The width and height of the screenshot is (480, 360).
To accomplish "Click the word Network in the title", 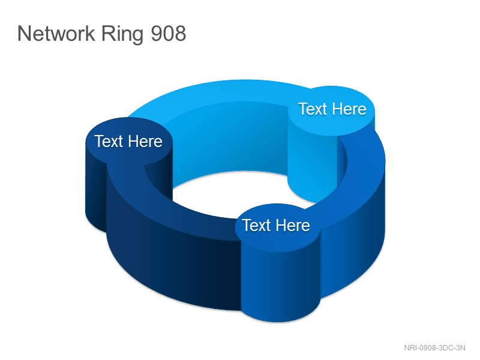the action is tap(56, 34).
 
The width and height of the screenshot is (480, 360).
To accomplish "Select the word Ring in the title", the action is tap(122, 34).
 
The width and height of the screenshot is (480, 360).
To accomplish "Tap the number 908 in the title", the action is tap(169, 34).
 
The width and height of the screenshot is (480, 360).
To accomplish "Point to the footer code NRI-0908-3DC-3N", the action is tap(434, 348).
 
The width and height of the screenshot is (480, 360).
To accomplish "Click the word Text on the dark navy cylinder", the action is tap(109, 142).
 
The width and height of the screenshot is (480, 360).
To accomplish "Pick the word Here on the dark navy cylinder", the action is tap(145, 142).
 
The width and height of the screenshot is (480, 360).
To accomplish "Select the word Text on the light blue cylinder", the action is tap(313, 109).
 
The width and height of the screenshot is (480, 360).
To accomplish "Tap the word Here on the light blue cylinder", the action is tap(349, 109).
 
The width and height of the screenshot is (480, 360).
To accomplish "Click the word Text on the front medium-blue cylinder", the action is tap(257, 226).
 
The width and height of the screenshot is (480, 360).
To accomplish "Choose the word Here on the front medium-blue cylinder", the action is tap(293, 226).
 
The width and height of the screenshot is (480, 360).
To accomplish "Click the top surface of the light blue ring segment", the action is tap(220, 92).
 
